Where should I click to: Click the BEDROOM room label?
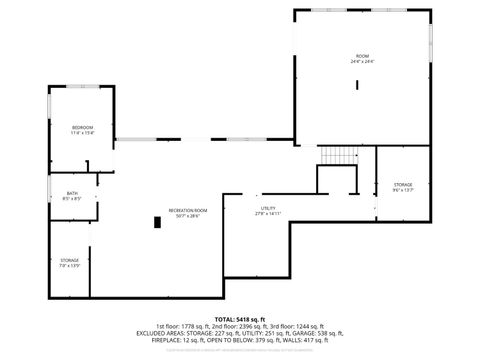(82, 126)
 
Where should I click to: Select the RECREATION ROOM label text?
(188, 209)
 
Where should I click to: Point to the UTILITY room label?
(268, 208)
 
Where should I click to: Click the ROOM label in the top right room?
(362, 55)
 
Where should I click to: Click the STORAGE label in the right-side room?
(403, 184)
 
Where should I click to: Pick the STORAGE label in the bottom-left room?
(69, 260)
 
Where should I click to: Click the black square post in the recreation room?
(156, 222)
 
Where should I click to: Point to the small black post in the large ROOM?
(357, 85)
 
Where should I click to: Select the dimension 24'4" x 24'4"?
(362, 61)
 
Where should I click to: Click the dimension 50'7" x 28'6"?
(188, 215)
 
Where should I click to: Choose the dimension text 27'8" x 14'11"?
(268, 214)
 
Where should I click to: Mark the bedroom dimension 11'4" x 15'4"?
(82, 132)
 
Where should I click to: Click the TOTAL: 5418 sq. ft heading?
(240, 317)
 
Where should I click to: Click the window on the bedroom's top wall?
(82, 87)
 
